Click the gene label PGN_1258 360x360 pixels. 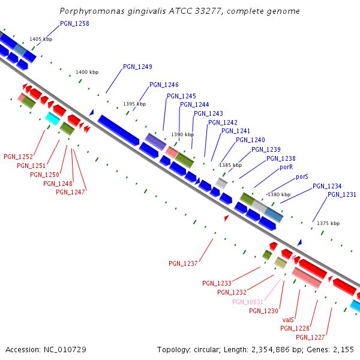pyautogui.click(x=74, y=24)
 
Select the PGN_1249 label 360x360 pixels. pyautogui.click(x=137, y=67)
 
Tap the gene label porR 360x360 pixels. pyautogui.click(x=286, y=167)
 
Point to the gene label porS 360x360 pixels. pyautogui.click(x=302, y=177)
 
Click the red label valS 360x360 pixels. pyautogui.click(x=287, y=320)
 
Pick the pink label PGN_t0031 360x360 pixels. pyautogui.click(x=248, y=302)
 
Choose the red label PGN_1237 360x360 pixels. pyautogui.click(x=183, y=263)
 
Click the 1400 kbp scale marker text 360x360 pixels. pyautogui.click(x=86, y=73)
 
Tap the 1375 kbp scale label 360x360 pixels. pyautogui.click(x=328, y=223)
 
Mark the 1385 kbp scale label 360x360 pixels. pyautogui.click(x=230, y=165)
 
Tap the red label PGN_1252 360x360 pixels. pyautogui.click(x=18, y=157)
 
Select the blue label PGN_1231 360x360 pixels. pyautogui.click(x=342, y=194)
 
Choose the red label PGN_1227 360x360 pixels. pyautogui.click(x=310, y=337)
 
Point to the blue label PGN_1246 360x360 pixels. pyautogui.click(x=164, y=85)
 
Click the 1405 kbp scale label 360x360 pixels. pyautogui.click(x=40, y=39)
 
